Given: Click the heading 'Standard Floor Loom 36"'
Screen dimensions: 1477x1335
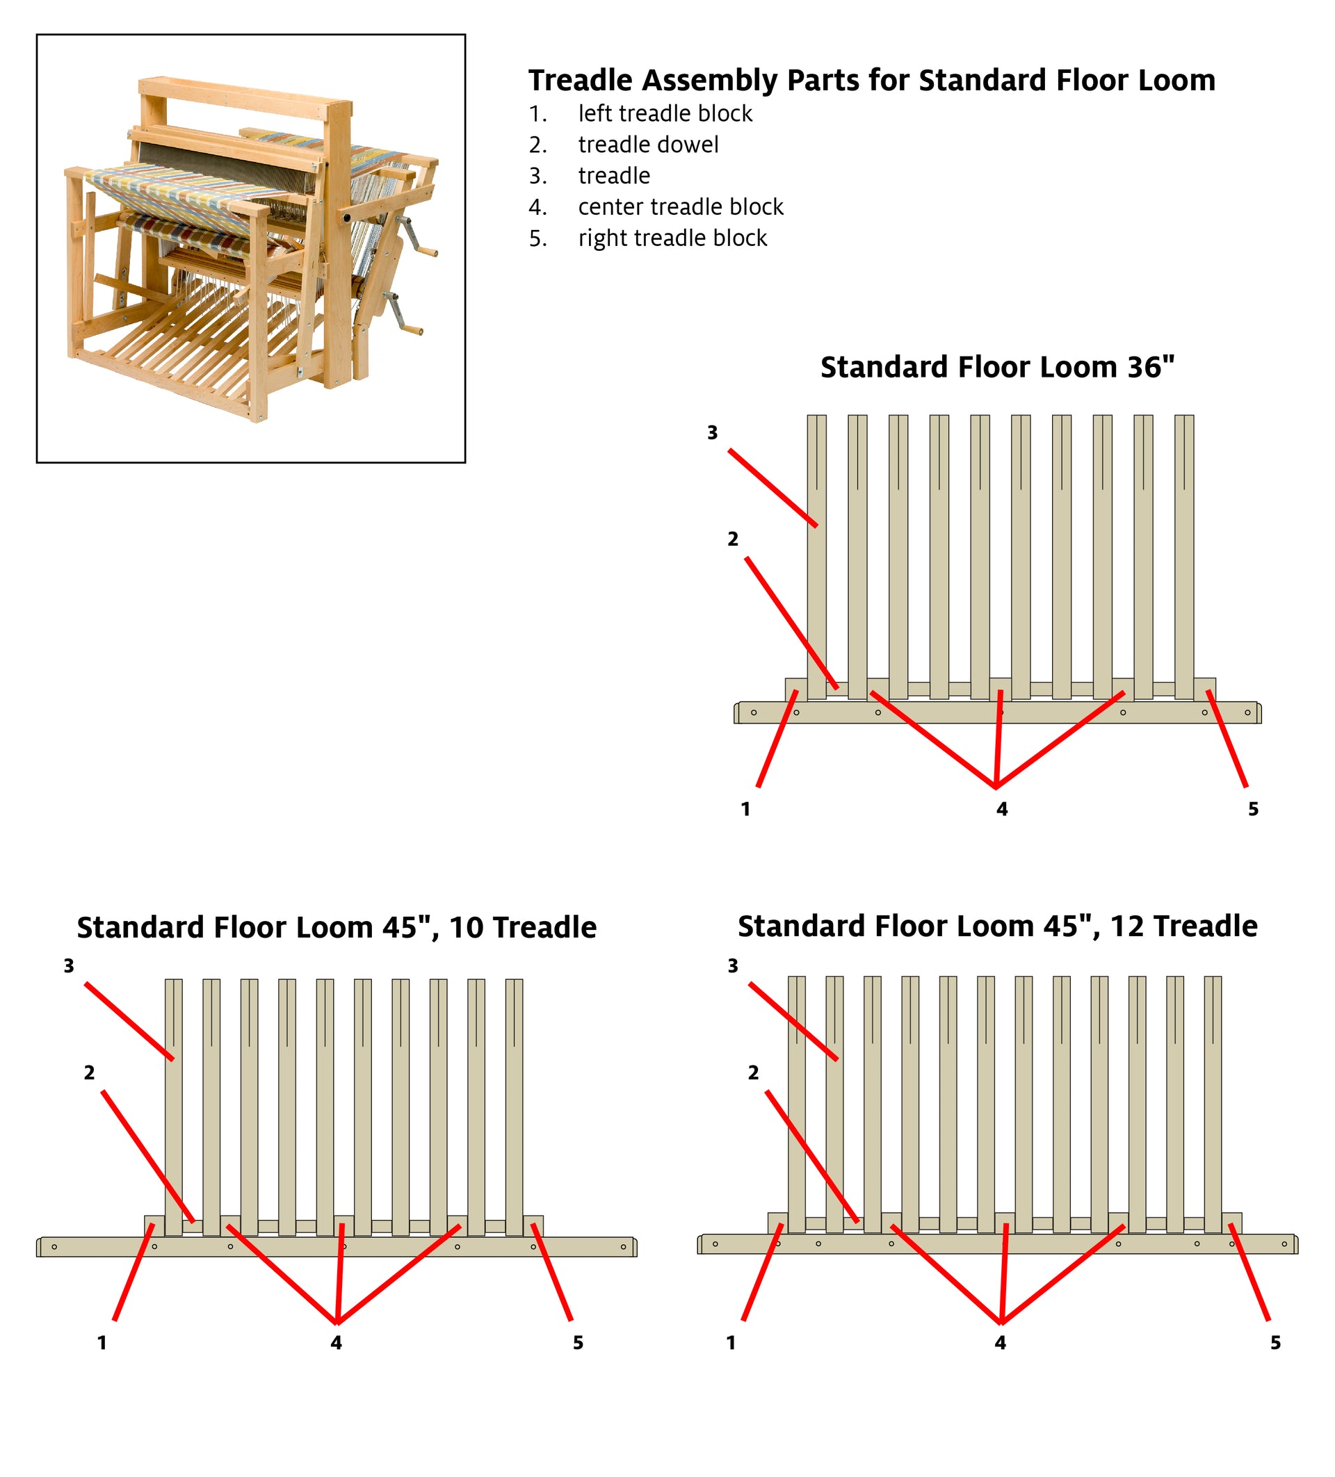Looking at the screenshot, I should [996, 367].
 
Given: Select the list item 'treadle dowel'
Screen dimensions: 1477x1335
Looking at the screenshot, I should [648, 145].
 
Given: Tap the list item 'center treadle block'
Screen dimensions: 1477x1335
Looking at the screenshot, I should [680, 206].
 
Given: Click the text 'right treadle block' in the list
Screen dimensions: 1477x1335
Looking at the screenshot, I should [672, 238].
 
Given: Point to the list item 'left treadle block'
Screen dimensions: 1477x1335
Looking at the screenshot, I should [665, 113].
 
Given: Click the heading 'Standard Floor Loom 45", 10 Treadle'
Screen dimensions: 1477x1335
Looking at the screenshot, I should [337, 927].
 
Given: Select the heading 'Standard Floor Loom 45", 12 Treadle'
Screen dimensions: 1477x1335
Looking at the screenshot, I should [997, 925].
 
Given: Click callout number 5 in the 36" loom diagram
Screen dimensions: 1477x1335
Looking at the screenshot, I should [1253, 809].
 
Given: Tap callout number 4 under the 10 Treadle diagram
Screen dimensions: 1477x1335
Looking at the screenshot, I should [336, 1342].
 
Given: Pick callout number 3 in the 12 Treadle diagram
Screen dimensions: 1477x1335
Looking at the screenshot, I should [733, 965].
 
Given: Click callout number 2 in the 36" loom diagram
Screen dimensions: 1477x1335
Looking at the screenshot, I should [733, 539].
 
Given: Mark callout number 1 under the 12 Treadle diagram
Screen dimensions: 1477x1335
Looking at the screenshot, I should [731, 1342].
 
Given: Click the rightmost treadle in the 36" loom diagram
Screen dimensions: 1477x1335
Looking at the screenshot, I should [1183, 557].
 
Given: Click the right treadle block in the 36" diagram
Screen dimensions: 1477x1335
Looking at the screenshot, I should [1204, 689].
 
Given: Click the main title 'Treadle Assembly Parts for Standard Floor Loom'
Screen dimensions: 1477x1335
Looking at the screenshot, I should [871, 80].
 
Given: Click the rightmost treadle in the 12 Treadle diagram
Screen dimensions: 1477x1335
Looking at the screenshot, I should [1212, 1107].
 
